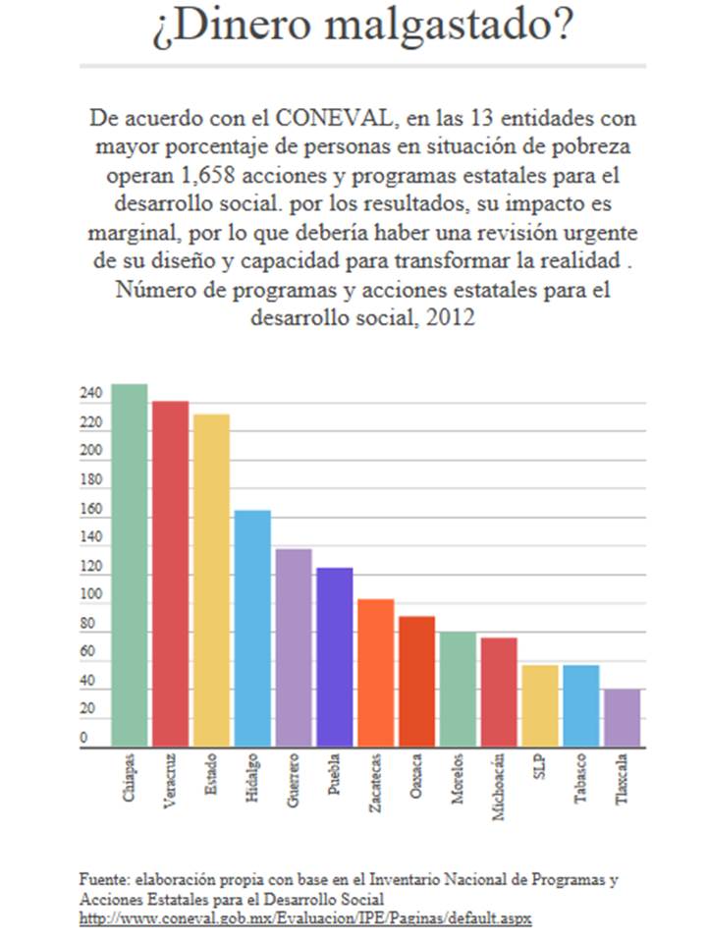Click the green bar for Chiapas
[129, 565]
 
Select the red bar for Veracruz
[170, 574]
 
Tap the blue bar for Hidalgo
[252, 629]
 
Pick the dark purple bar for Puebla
[334, 657]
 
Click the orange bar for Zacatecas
[375, 673]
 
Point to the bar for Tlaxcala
[622, 717]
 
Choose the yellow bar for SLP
[539, 705]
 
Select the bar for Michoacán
[499, 692]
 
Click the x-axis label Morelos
[458, 780]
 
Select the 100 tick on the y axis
[90, 595]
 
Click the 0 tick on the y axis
[84, 738]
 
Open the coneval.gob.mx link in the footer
[305, 917]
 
